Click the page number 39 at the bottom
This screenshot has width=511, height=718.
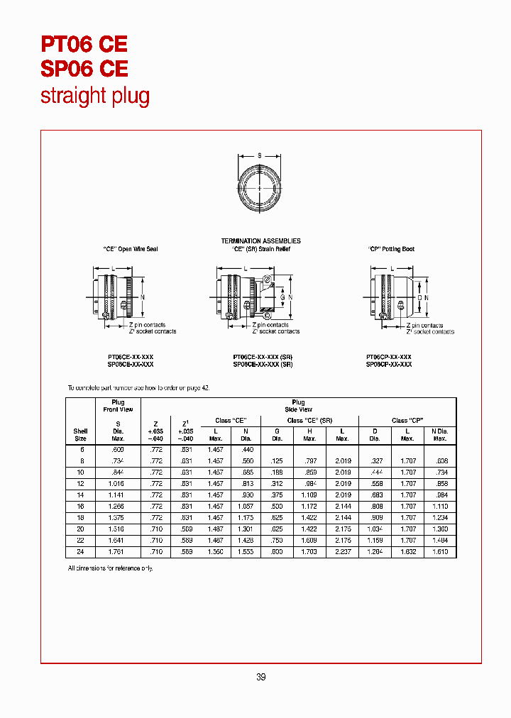pyautogui.click(x=260, y=677)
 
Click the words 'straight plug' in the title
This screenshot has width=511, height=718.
pyautogui.click(x=95, y=96)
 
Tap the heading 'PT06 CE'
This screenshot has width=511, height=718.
pyautogui.click(x=84, y=44)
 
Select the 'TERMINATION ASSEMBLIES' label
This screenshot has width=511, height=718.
pyautogui.click(x=260, y=241)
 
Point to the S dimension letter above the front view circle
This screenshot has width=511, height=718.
pyautogui.click(x=259, y=155)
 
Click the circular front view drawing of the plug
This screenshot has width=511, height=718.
pyautogui.click(x=259, y=187)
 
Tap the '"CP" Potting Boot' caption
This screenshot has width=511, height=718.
pyautogui.click(x=391, y=249)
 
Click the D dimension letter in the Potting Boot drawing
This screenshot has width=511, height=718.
pyautogui.click(x=417, y=296)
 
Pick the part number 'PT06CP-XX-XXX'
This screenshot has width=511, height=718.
pyautogui.click(x=388, y=357)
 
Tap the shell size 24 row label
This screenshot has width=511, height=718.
pyautogui.click(x=81, y=552)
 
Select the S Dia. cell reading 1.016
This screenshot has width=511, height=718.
pyautogui.click(x=118, y=483)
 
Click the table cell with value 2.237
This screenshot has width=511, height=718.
pyautogui.click(x=342, y=552)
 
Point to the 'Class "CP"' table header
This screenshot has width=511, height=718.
pyautogui.click(x=407, y=421)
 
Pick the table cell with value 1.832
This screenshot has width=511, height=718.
pyautogui.click(x=407, y=552)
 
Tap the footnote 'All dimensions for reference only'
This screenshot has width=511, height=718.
pyautogui.click(x=109, y=568)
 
